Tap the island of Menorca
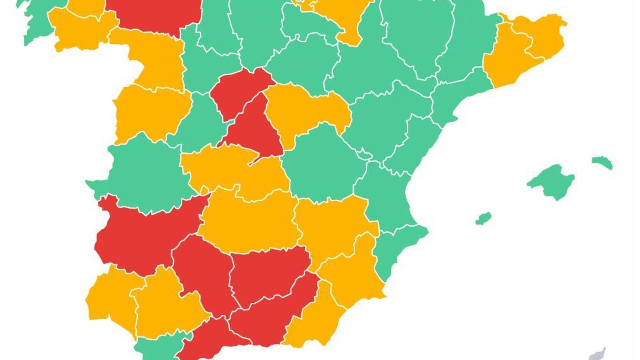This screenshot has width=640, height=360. point(602,162)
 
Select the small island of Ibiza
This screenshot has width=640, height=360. point(484,218)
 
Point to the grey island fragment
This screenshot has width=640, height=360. point(598,354)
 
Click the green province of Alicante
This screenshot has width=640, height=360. point(396,248)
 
